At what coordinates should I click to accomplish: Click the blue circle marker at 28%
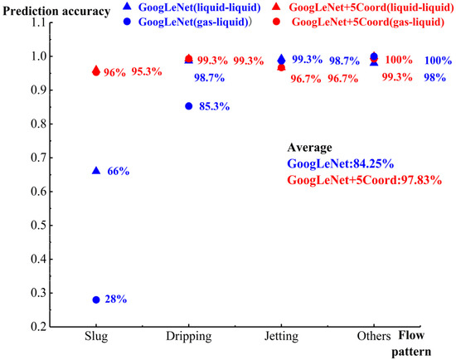point(96,299)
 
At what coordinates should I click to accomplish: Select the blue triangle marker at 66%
point(96,170)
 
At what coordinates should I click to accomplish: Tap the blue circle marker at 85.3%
point(189,106)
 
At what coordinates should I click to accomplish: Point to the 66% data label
point(119,171)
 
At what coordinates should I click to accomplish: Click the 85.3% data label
point(214,107)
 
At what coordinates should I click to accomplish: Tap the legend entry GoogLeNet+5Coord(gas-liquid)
point(369,20)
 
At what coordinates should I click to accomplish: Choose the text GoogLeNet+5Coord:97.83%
point(363,179)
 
